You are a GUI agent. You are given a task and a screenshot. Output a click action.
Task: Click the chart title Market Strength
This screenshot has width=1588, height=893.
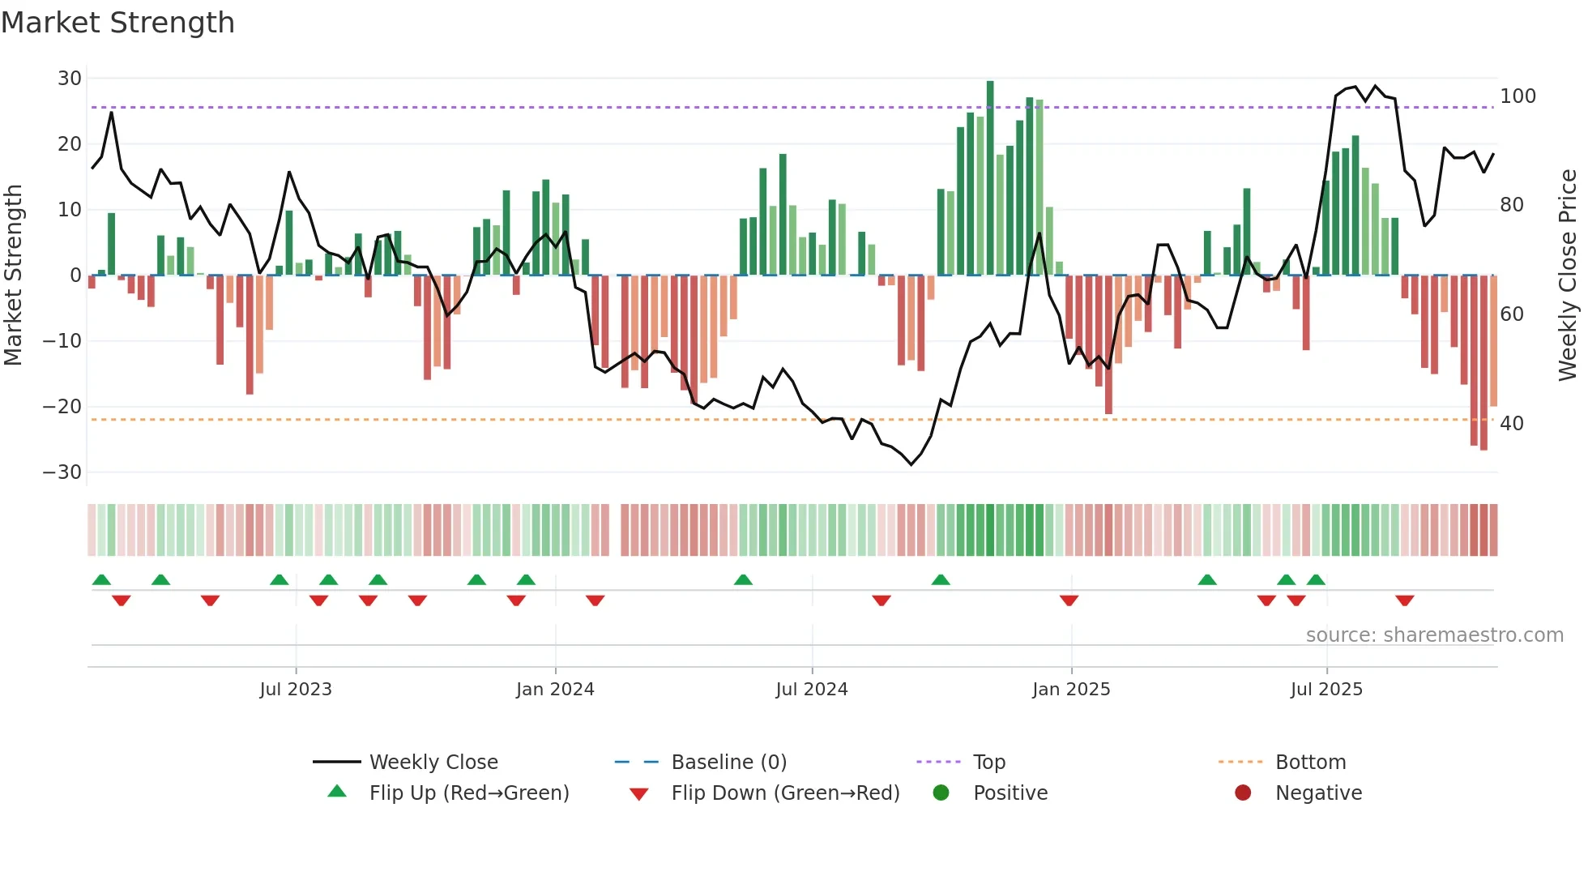[x=117, y=23]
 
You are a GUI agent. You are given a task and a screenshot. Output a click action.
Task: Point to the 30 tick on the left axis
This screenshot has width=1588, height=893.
[x=70, y=79]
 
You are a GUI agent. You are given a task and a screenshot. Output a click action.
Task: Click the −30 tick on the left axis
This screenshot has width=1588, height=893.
[x=62, y=472]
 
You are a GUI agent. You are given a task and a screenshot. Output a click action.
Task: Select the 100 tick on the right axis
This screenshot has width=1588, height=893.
[x=1518, y=96]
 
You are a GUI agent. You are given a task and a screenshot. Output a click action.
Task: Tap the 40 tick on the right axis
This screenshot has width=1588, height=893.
[x=1511, y=424]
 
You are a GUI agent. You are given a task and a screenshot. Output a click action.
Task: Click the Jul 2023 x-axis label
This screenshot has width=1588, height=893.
[x=296, y=690]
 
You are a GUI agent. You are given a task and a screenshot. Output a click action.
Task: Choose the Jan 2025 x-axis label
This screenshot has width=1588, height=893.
[x=1071, y=690]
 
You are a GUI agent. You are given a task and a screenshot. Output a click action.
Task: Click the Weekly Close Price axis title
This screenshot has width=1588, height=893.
[x=1568, y=276]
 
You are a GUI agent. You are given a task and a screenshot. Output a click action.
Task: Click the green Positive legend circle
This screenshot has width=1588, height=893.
[x=941, y=793]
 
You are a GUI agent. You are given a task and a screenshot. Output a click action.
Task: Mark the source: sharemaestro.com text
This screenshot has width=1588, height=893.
[x=1434, y=635]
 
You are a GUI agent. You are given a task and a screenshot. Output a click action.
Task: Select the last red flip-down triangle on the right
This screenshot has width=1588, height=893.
[x=1405, y=600]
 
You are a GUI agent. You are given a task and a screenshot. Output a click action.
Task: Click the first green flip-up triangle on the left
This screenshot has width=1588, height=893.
[x=101, y=579]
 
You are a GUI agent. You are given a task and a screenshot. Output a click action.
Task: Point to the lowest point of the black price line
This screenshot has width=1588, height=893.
[x=911, y=464]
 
